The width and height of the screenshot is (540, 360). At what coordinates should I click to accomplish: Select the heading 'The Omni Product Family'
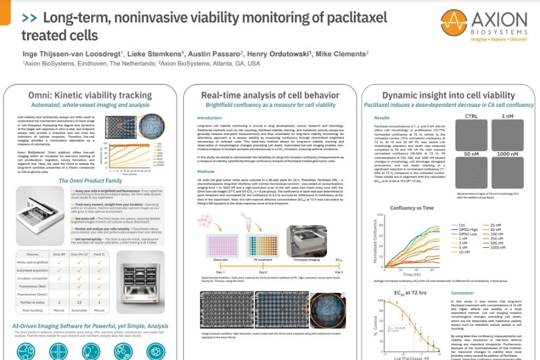click(90, 181)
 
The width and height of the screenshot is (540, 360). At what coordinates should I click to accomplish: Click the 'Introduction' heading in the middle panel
click(209, 118)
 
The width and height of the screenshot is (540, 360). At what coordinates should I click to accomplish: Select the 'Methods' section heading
click(206, 171)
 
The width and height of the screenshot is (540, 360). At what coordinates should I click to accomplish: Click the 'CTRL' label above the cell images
click(472, 116)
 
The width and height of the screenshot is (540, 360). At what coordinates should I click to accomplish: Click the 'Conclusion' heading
click(462, 293)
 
